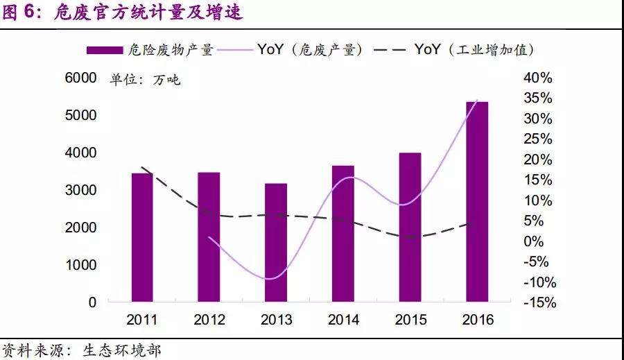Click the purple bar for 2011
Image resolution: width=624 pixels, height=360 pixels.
click(141, 237)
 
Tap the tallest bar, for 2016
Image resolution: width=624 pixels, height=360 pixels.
click(477, 202)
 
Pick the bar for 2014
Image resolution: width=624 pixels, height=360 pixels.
click(343, 234)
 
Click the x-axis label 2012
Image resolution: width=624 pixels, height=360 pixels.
click(209, 320)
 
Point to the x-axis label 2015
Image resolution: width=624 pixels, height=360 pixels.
click(410, 320)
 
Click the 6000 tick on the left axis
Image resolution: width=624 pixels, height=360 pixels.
click(80, 78)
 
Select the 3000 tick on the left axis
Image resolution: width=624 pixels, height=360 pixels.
click(80, 190)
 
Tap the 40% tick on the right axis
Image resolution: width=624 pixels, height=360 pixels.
click(538, 78)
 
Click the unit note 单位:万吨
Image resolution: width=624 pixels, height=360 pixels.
click(145, 80)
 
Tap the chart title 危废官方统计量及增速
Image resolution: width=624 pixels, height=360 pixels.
click(148, 13)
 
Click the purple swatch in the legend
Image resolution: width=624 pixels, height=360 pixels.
click(105, 50)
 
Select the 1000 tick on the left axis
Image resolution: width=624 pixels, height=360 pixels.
click(80, 265)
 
